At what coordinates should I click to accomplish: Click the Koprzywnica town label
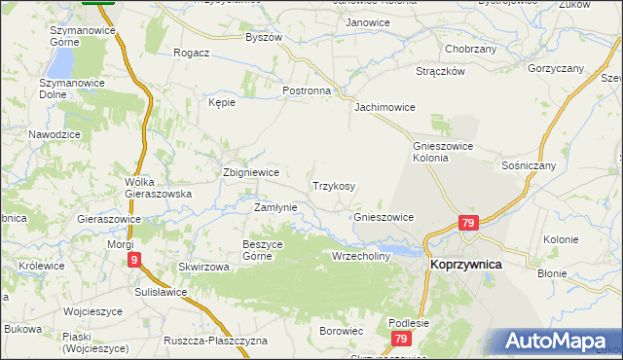(466, 263)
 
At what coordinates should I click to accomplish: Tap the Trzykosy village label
(333, 186)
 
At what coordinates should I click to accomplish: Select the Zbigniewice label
(245, 172)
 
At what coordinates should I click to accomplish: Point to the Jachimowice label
(385, 107)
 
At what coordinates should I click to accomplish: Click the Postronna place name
(307, 90)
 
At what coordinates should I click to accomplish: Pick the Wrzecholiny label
(361, 256)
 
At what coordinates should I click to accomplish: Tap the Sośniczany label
(529, 166)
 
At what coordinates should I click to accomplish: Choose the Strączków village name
(441, 71)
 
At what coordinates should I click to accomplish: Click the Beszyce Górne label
(262, 249)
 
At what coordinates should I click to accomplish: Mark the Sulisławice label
(161, 291)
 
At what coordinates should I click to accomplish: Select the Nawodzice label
(55, 133)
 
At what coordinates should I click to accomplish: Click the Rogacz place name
(192, 53)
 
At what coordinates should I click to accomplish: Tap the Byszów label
(264, 37)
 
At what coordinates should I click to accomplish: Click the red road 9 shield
(134, 260)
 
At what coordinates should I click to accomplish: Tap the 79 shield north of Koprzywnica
(469, 223)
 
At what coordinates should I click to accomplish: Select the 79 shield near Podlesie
(400, 339)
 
